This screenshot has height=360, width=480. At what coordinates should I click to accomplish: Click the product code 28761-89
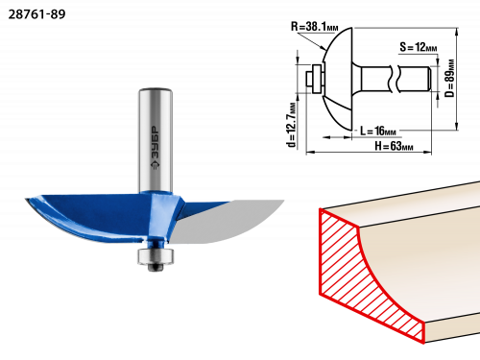click(36, 14)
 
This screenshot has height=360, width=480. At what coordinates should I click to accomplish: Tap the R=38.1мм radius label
click(314, 27)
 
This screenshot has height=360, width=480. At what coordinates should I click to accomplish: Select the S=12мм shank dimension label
click(418, 47)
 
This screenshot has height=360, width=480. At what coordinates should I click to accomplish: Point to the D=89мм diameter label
click(449, 78)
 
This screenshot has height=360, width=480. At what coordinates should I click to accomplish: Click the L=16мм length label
click(378, 131)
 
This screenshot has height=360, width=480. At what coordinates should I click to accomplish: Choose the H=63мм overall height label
click(394, 146)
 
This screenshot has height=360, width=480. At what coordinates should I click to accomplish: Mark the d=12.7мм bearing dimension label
click(292, 125)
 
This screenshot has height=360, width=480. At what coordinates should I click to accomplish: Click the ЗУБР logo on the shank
click(155, 148)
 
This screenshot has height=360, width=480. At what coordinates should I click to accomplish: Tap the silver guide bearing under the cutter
click(156, 255)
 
